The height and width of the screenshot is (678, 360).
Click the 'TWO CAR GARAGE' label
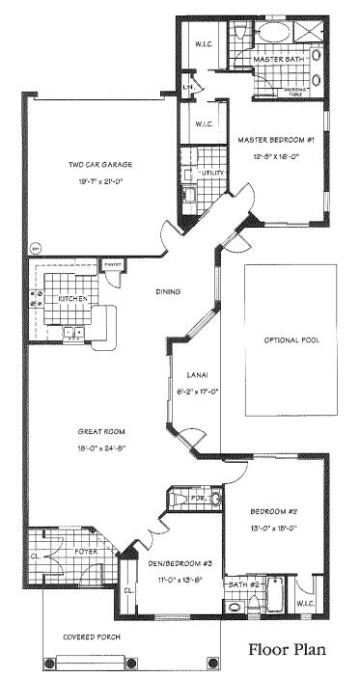click(101, 165)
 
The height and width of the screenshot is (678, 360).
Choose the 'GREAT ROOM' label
click(100, 432)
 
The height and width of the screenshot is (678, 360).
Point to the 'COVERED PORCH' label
click(90, 637)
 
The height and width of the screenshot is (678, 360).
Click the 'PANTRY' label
click(112, 262)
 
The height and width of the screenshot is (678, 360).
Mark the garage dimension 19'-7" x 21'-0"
click(101, 180)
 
